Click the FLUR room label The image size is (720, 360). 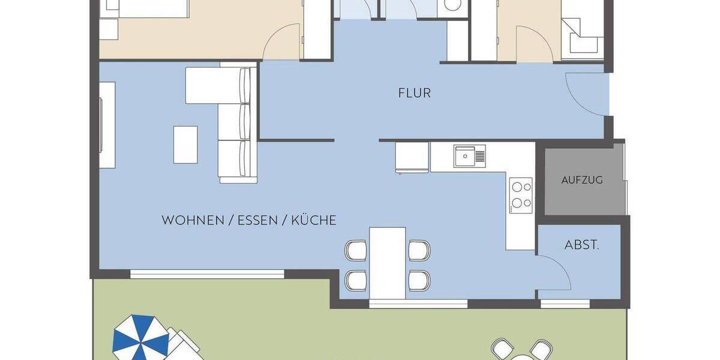click(x=415, y=93)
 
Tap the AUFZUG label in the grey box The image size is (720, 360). click(x=581, y=180)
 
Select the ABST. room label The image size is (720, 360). click(x=581, y=245)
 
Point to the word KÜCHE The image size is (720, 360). click(x=314, y=221)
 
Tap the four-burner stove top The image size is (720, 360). click(x=520, y=194)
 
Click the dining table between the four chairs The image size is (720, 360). click(x=388, y=262)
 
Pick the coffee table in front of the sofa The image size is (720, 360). click(x=185, y=144)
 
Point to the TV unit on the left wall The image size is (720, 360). click(x=107, y=125)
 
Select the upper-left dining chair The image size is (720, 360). click(x=356, y=249)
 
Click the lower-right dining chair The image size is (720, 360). click(x=419, y=280)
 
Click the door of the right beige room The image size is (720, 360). click(x=533, y=43)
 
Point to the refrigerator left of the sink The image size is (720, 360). click(x=412, y=157)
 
